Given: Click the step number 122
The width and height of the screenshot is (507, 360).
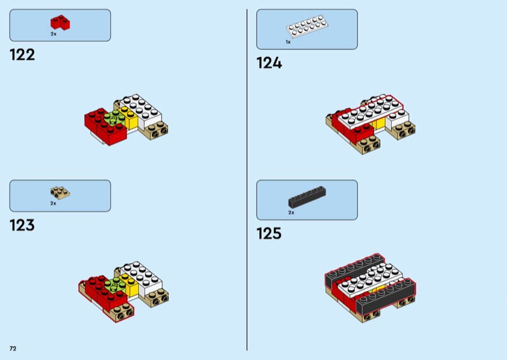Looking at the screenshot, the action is pos(22,55).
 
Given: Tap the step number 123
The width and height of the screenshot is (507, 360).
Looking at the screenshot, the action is pos(22,225).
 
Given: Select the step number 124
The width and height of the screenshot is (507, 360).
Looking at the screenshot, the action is pos(269,63).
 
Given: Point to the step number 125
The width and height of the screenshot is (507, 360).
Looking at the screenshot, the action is pos(269,233).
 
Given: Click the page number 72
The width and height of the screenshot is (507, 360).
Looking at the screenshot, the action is pos(13,349).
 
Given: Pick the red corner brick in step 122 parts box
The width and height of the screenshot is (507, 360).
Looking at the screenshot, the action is pos(60,23).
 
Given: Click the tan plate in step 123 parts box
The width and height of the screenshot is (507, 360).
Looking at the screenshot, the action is pos(60,193).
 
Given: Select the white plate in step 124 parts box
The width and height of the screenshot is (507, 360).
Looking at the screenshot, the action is pos(307,26).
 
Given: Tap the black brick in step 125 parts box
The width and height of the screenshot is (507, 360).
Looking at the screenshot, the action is pos(307,197).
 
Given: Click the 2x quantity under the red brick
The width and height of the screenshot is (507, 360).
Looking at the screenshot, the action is pos(53,34).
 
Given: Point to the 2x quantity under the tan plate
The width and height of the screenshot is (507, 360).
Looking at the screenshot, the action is pos(53,203).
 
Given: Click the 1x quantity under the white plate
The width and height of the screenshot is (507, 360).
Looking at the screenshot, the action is pos(288,42).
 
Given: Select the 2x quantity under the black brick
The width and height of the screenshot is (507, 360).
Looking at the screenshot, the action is pos(292,212).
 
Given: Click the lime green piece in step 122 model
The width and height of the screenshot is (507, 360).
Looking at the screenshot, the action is pos(114,118).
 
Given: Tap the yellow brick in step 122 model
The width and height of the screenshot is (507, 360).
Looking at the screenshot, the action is pos(129,117).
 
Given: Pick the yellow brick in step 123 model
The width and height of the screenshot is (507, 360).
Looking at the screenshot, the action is pos(129,285).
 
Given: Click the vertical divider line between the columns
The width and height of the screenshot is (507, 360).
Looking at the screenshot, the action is pos(247,180).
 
